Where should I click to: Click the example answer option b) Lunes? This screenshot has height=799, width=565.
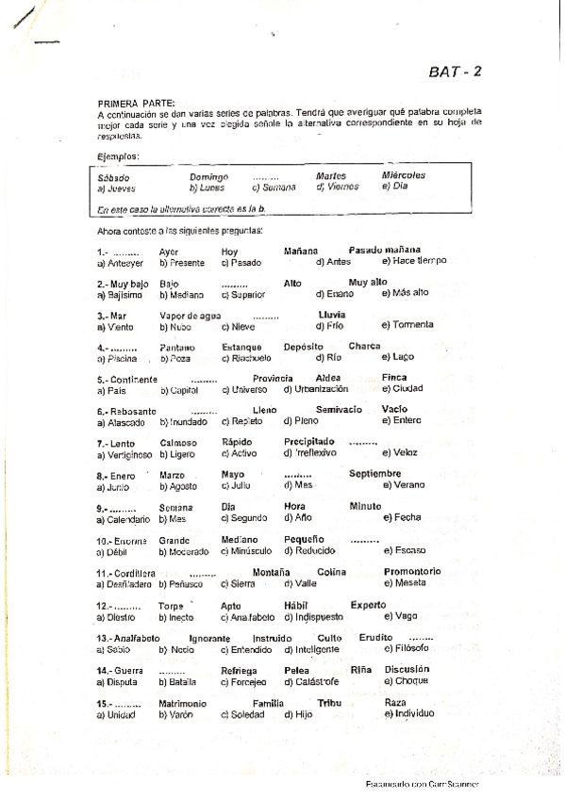coord(207,188)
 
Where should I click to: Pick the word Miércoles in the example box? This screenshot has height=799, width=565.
coord(403,176)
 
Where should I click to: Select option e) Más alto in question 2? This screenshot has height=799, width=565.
coord(405,293)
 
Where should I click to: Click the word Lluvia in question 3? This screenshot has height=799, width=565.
coord(332,315)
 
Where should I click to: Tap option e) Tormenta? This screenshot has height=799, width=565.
coord(407,325)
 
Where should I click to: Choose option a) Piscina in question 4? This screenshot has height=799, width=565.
coord(117,358)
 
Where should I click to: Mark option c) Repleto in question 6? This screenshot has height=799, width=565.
coord(241,421)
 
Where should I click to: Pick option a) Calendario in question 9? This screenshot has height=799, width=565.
coord(123,518)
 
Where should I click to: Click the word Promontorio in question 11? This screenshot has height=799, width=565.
coord(412,572)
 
